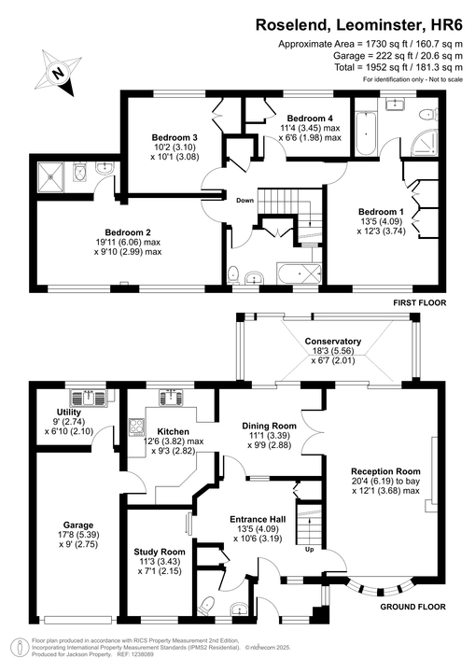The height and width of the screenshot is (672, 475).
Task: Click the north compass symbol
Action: (x=57, y=71)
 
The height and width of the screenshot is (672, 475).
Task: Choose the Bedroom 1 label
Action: (x=382, y=212)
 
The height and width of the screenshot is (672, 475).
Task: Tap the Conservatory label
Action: (x=331, y=342)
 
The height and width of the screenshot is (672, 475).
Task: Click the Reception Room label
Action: (x=385, y=470)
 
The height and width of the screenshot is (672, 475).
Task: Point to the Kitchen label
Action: (x=174, y=431)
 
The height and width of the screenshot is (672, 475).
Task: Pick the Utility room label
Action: (x=69, y=412)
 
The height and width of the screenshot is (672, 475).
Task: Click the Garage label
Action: (x=79, y=525)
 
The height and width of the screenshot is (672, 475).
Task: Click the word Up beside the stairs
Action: (x=310, y=549)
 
